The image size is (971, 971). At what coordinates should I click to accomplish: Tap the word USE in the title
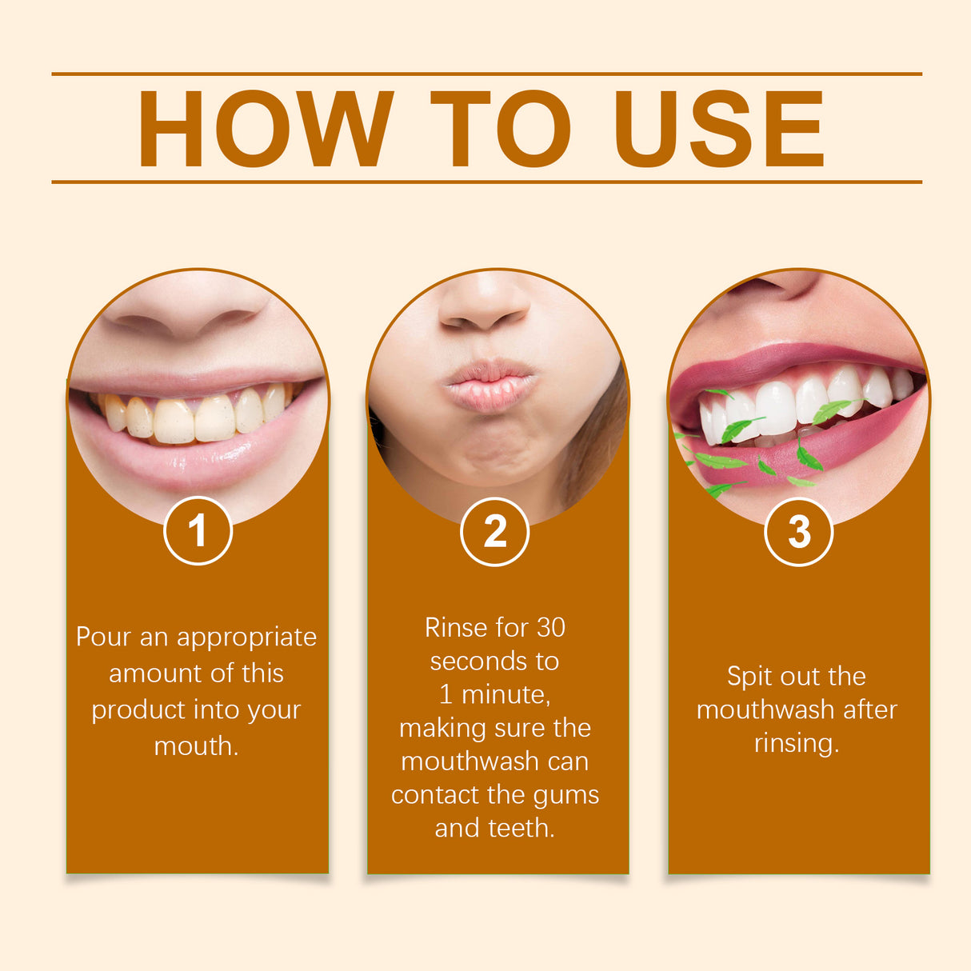pyautogui.click(x=718, y=130)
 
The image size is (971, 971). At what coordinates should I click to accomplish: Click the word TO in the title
pyautogui.click(x=501, y=130)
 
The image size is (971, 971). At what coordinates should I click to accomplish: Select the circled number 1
pyautogui.click(x=198, y=531)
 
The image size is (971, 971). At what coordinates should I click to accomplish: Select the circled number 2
pyautogui.click(x=494, y=532)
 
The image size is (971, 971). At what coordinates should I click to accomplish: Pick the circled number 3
pyautogui.click(x=798, y=532)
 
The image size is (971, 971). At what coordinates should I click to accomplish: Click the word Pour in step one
pyautogui.click(x=104, y=637)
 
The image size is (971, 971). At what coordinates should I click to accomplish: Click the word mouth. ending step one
pyautogui.click(x=196, y=746)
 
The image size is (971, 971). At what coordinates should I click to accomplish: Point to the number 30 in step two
pyautogui.click(x=550, y=628)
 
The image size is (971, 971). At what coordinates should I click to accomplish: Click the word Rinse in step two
pyautogui.click(x=454, y=628)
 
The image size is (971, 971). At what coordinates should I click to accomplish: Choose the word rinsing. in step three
pyautogui.click(x=797, y=744)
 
